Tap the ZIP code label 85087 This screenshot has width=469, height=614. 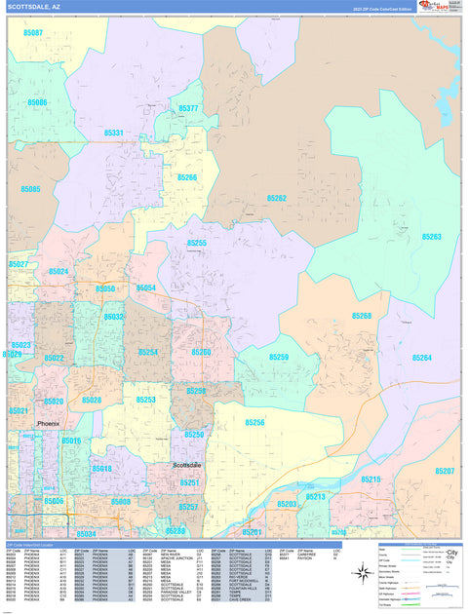point(32,32)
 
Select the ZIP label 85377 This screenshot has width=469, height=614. point(188,108)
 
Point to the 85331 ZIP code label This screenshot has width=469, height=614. point(114,133)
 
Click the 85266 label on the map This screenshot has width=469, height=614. point(186,177)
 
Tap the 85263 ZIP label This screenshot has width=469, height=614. point(431,237)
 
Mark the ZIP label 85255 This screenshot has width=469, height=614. point(196,243)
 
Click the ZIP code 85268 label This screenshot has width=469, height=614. point(362,316)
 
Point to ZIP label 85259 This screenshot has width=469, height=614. point(279,358)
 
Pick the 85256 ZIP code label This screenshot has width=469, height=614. point(255,422)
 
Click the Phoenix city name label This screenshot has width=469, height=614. point(48,424)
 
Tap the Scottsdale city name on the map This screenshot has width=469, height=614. point(186,465)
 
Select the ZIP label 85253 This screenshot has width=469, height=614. point(146,400)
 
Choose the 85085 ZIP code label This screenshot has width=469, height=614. point(29,188)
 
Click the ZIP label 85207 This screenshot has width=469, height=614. point(445,471)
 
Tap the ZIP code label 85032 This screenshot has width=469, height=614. point(114,317)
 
